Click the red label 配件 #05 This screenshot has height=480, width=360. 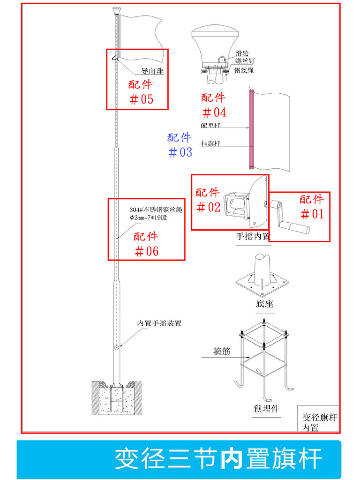point(141,92)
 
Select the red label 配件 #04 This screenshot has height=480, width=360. point(214,105)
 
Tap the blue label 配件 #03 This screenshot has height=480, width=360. point(180,145)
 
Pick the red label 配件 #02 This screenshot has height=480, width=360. point(208,200)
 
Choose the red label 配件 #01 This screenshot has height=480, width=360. point(312,207)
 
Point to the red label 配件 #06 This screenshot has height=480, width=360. point(146,244)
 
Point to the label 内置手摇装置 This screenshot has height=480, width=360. point(159,323)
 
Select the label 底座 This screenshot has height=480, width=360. point(264,304)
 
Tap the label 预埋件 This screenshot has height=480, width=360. point(266,409)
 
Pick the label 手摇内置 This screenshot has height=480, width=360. point(253,237)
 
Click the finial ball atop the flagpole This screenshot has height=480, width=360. point(117,9)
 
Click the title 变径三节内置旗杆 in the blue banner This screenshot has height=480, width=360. point(218,459)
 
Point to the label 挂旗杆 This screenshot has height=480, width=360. point(210,143)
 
